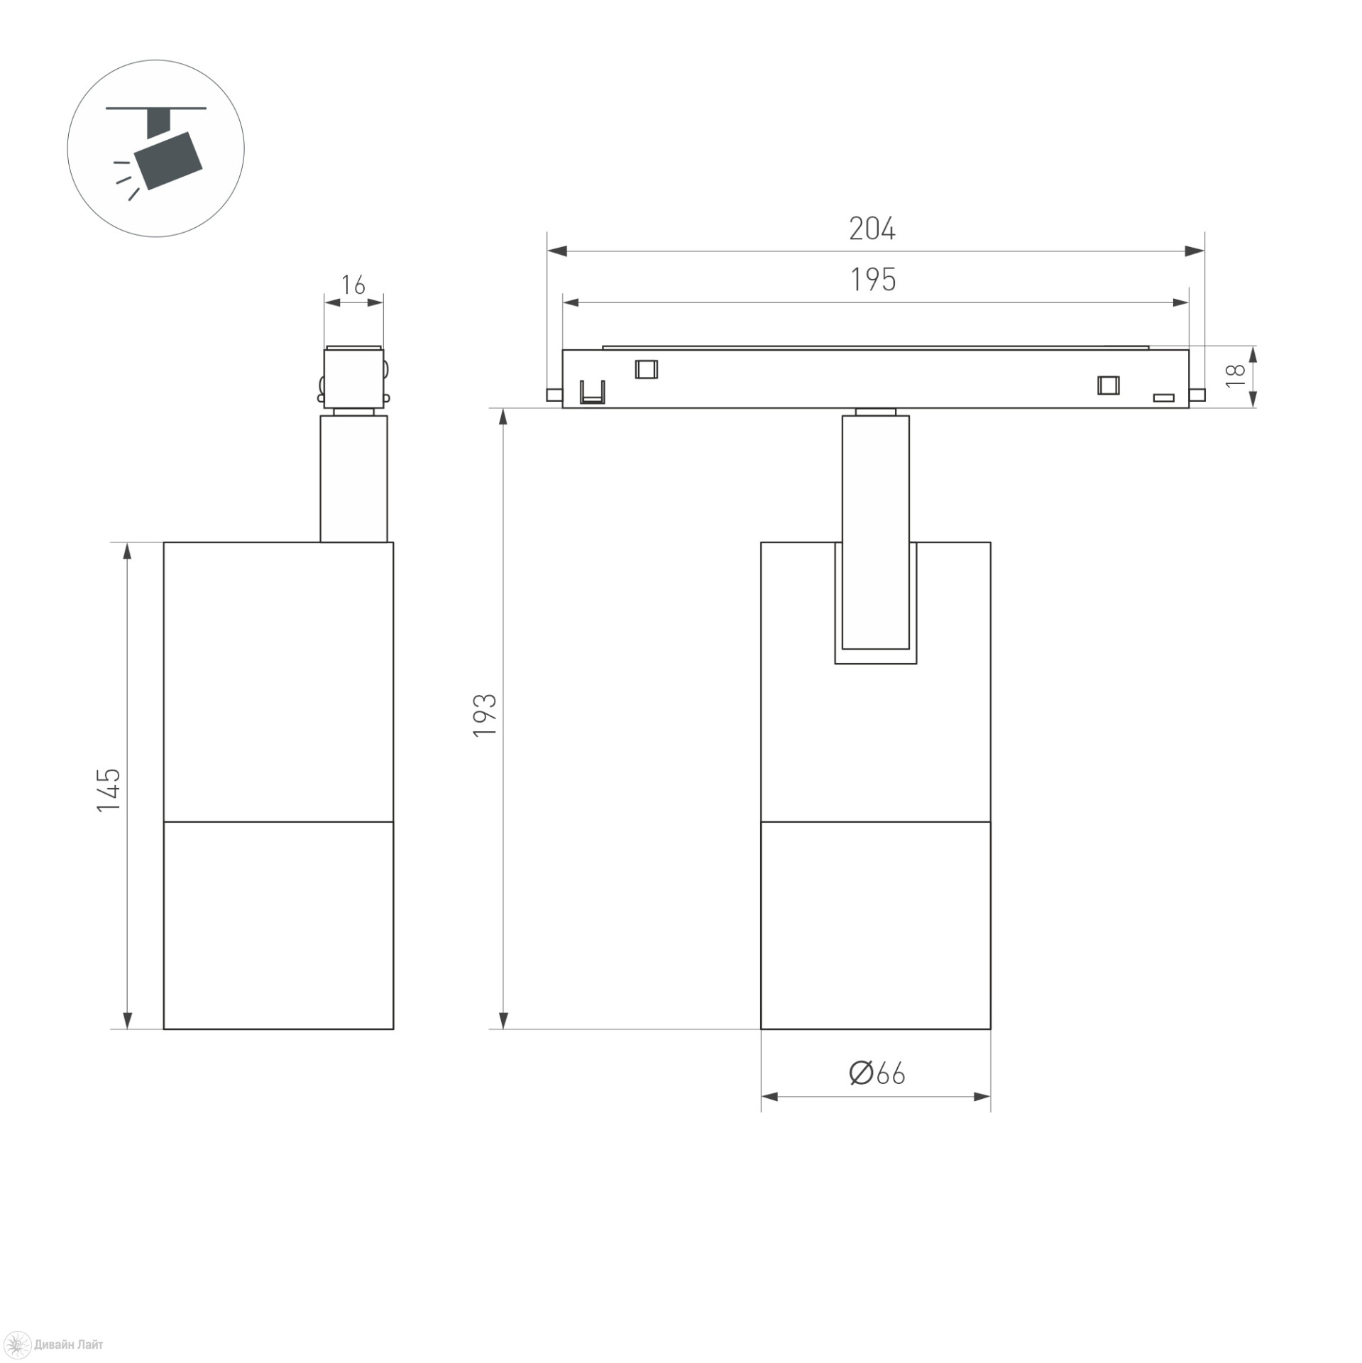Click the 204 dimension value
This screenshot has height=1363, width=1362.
[x=872, y=229]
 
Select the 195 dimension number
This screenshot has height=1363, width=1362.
[x=873, y=280]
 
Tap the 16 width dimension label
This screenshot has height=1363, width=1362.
[x=353, y=285]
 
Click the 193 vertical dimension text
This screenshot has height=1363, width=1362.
[x=485, y=715]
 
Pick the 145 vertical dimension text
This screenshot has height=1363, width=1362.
[x=109, y=790]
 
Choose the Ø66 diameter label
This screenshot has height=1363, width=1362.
[x=877, y=1074]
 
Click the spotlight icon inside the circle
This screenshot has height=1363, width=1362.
[x=158, y=153]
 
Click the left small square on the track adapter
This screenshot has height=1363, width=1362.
[x=646, y=369]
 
